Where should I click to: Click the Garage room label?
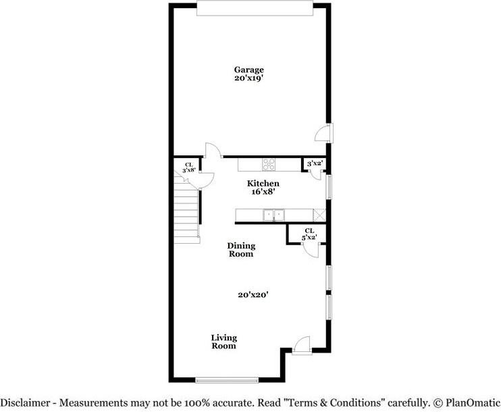(x=248, y=70)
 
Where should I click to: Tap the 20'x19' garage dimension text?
(x=248, y=78)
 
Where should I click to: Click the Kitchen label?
(x=263, y=184)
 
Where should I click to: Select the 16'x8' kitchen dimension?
(x=263, y=192)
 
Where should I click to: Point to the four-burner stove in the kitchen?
(x=268, y=163)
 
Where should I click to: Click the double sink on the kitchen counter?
(x=273, y=215)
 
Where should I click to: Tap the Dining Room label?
(x=240, y=250)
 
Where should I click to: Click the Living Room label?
(x=223, y=342)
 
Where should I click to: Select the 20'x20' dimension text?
(x=254, y=294)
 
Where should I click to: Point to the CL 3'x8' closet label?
(x=189, y=167)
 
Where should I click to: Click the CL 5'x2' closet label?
(x=309, y=234)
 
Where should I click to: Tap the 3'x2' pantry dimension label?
(x=314, y=163)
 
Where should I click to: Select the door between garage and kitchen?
(x=213, y=152)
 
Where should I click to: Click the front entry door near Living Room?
(x=302, y=346)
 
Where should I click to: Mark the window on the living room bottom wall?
(x=227, y=380)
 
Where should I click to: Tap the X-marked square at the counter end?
(x=320, y=215)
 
